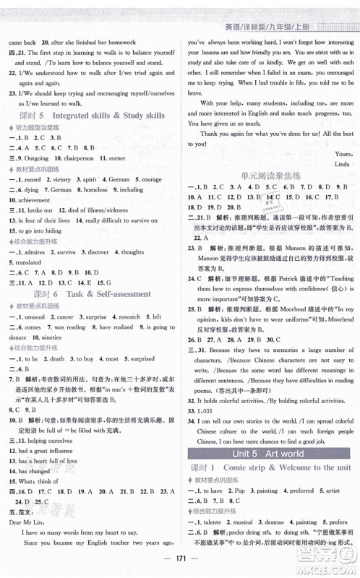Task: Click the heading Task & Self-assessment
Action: coord(111,294)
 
